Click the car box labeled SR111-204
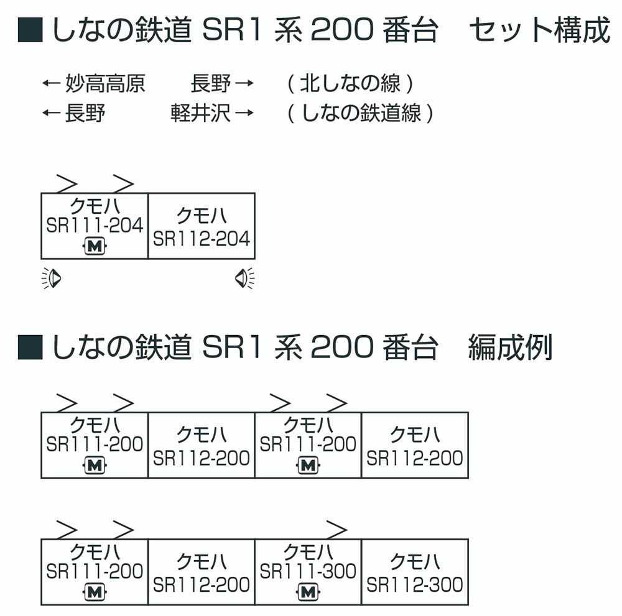[95, 226]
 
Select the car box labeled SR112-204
[202, 226]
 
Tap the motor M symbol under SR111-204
[95, 246]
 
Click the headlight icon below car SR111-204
[52, 278]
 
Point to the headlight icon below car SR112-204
[244, 278]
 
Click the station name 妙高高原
[106, 83]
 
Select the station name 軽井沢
[201, 113]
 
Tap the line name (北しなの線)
[350, 83]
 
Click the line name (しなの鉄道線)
[360, 113]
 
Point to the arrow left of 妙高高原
[51, 83]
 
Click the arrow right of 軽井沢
[244, 113]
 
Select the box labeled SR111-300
[309, 572]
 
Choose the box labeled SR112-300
[415, 572]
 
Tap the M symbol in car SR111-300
[309, 592]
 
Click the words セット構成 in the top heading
[540, 30]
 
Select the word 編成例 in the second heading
[511, 347]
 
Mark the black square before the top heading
[30, 30]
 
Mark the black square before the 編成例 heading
[30, 347]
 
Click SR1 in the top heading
[231, 30]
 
